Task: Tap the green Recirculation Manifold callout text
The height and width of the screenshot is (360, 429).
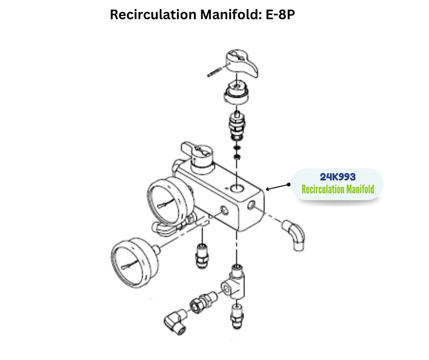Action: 337,189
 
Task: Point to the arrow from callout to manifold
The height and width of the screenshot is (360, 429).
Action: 277,186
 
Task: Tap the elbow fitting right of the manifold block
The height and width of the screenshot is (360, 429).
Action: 294,233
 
